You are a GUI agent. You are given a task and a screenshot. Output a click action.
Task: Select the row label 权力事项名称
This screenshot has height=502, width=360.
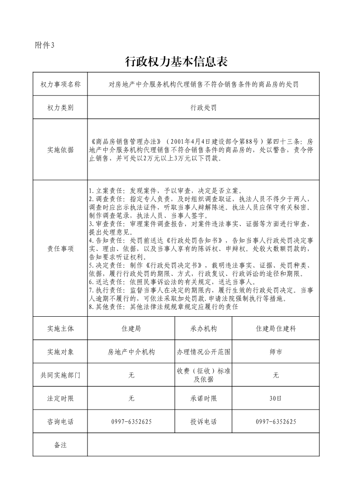pyautogui.click(x=60, y=84)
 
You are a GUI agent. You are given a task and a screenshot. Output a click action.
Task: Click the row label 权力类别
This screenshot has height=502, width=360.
pyautogui.click(x=60, y=108)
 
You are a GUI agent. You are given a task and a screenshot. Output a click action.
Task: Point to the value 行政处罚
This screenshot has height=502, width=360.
pyautogui.click(x=203, y=108)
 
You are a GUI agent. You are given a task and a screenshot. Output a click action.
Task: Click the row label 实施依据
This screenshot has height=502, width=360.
pyautogui.click(x=60, y=150)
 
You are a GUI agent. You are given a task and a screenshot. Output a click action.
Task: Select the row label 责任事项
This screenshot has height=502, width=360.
pyautogui.click(x=60, y=249)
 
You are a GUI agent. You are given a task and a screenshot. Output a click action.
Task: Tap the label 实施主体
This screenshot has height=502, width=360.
pyautogui.click(x=60, y=328)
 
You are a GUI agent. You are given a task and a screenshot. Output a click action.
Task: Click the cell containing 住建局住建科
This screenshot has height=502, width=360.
pyautogui.click(x=276, y=328)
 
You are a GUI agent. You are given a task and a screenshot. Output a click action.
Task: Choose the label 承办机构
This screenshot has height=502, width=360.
pyautogui.click(x=204, y=328)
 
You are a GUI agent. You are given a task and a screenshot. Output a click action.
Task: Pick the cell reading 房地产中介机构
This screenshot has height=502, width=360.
pyautogui.click(x=131, y=352)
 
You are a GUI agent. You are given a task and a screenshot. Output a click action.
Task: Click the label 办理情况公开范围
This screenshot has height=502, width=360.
pyautogui.click(x=204, y=352)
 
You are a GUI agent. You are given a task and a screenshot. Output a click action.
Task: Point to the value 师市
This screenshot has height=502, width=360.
pyautogui.click(x=276, y=352)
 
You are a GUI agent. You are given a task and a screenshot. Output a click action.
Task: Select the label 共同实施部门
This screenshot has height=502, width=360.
pyautogui.click(x=60, y=375)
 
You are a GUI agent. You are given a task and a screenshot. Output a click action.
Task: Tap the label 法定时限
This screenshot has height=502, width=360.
pyautogui.click(x=60, y=399)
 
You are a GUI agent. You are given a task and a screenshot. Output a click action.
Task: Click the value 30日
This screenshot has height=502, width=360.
pyautogui.click(x=276, y=399)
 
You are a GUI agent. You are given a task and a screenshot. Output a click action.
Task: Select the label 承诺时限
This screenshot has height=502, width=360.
pyautogui.click(x=204, y=399)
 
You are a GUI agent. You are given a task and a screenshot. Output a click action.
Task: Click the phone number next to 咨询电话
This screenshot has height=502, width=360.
pyautogui.click(x=131, y=422)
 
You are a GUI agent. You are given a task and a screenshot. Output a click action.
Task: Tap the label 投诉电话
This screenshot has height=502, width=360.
pyautogui.click(x=204, y=422)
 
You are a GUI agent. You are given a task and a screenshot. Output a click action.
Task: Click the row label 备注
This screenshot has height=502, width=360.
pyautogui.click(x=60, y=445)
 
